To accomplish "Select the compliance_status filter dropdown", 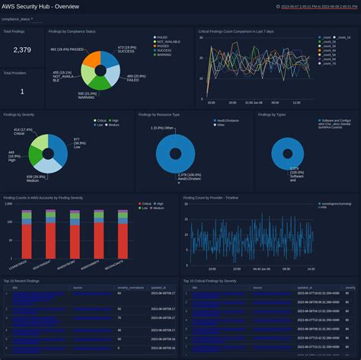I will pos(17,18).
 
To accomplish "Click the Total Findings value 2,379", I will pos(22,50).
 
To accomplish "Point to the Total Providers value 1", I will pos(22,91).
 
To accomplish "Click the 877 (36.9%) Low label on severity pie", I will pos(79,142).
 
